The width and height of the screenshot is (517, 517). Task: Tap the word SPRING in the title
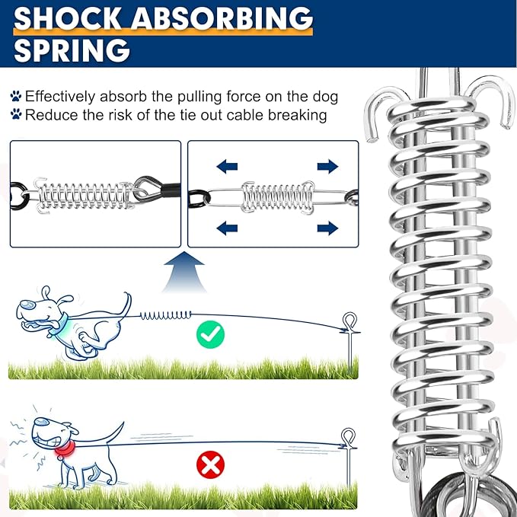[x=71, y=50]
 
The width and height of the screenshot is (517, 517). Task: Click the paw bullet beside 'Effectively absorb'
[x=16, y=97]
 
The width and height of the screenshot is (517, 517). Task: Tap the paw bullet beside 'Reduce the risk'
[x=16, y=115]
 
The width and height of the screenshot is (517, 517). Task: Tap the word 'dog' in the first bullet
[x=326, y=97]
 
